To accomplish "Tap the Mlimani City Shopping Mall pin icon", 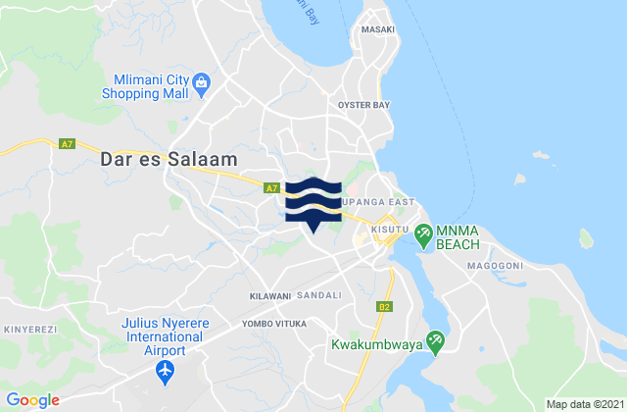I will point(201,81).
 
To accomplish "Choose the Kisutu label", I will point(387,228).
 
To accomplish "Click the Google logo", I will point(33,399).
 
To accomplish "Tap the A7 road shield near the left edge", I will point(67,144).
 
